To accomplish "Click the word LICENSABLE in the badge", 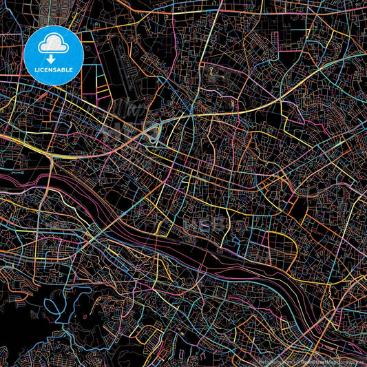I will coord(54,70).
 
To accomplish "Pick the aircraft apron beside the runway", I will coord(124,69).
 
